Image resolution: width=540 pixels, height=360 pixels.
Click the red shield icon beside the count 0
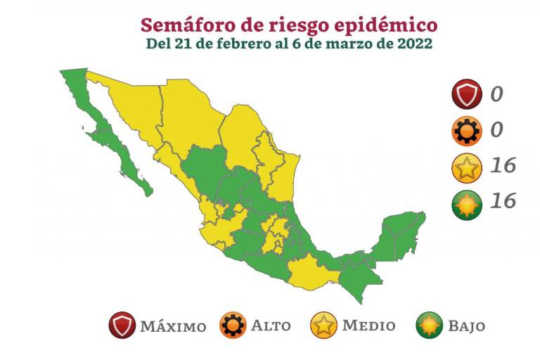pos(467,94)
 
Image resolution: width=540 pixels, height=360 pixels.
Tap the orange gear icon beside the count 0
pos(467,131)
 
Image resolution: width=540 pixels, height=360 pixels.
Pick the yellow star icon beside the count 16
pos(467,167)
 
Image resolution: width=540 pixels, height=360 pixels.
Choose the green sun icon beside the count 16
pos(467,203)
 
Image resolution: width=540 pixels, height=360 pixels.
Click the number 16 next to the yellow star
pos(503,167)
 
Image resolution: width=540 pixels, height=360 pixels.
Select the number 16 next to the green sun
pos(503,202)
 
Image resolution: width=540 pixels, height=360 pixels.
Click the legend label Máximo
pos(173,326)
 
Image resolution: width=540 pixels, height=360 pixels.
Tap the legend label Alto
pos(271,326)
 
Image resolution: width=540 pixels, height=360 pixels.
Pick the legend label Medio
pos(368,326)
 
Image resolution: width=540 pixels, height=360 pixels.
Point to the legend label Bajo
pos(468,326)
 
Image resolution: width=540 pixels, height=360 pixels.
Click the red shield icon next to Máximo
pos(122,326)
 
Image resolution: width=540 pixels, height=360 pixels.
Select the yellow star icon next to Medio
pos(323,326)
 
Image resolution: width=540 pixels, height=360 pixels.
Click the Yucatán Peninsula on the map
pos(401,232)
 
